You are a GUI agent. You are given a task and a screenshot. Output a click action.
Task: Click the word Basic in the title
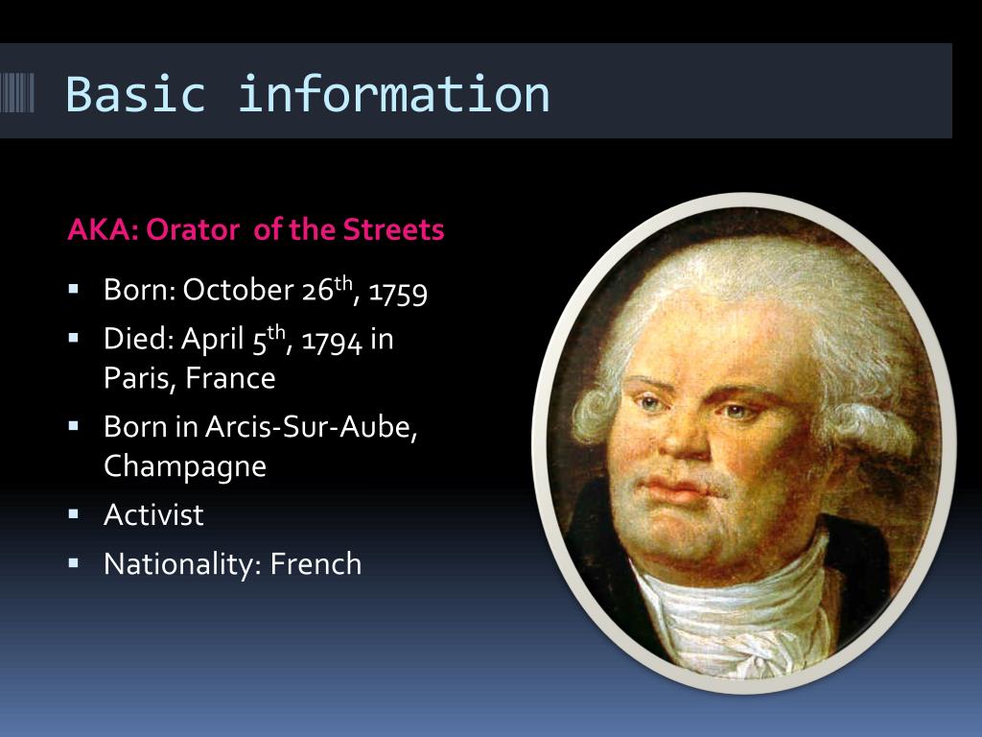point(135,94)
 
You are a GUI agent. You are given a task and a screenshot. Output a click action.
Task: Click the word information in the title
point(393,94)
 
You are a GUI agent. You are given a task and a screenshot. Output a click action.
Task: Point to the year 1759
point(398,291)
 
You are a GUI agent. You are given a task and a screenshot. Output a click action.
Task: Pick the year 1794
point(332,342)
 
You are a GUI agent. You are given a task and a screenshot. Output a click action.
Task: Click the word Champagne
point(185,466)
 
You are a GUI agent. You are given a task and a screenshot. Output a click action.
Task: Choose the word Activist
point(153,515)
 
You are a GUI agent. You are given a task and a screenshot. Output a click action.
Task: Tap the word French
point(316,564)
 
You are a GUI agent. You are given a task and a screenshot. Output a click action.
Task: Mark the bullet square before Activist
point(75,514)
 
